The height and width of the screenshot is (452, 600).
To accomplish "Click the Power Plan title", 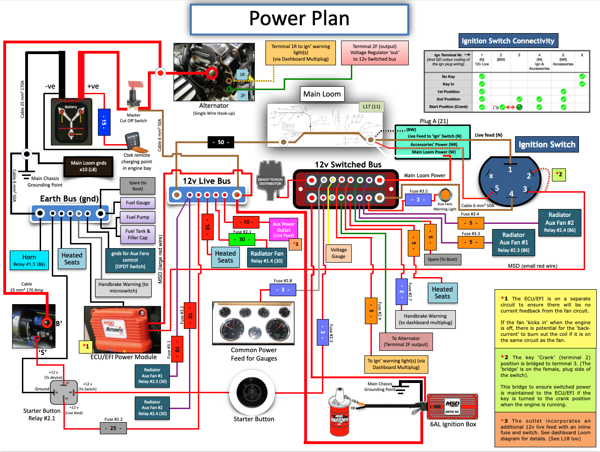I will [299, 19].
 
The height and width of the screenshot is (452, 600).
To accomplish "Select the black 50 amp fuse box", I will [221, 142].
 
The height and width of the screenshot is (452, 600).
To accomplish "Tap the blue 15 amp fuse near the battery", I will [104, 122].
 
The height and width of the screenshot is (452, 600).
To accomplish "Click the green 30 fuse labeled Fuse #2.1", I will [242, 239].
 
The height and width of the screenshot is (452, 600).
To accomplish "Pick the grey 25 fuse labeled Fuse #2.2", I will [113, 428].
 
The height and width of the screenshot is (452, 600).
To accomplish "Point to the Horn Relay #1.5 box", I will [29, 260].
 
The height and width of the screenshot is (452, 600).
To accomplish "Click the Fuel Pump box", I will [138, 217].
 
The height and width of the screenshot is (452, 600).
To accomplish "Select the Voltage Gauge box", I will [338, 253].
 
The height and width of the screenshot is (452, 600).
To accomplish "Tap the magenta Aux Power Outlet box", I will [284, 229].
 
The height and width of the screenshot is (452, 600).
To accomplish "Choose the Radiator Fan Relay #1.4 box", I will [266, 257].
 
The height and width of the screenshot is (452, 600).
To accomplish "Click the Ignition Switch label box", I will [547, 145].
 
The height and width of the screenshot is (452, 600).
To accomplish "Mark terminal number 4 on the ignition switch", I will [511, 194].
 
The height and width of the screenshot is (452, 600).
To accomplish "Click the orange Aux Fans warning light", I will [445, 194].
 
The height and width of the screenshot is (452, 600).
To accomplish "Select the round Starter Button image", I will [253, 392].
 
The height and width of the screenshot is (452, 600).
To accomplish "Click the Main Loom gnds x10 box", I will [89, 166].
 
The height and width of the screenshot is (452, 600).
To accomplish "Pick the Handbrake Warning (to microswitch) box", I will [123, 287].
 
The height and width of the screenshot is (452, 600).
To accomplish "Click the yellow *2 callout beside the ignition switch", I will [558, 174].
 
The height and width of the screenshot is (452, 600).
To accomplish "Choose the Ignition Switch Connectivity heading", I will [508, 41].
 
